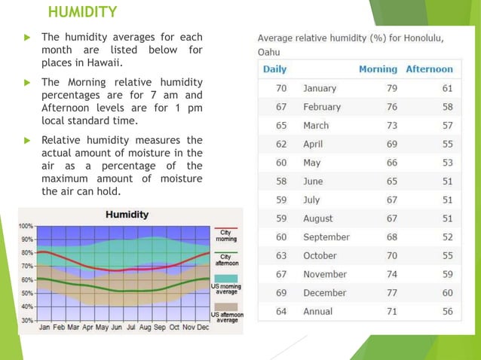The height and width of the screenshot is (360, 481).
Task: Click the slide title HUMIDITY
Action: click(x=82, y=12)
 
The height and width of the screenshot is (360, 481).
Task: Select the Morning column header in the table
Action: click(x=378, y=69)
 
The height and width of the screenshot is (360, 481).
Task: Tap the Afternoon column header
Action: click(x=429, y=69)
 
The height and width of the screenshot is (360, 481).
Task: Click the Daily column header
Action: click(x=274, y=69)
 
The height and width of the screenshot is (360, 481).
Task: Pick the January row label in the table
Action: click(x=320, y=88)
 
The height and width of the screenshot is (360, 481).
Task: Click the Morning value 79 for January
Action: click(x=391, y=88)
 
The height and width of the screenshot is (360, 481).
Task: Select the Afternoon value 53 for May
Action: click(x=447, y=163)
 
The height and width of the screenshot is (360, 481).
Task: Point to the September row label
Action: click(x=326, y=237)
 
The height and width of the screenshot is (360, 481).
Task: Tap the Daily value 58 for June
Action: click(x=280, y=182)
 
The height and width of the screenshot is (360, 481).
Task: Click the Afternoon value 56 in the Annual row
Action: click(x=447, y=311)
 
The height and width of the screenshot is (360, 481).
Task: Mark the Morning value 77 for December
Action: click(x=391, y=293)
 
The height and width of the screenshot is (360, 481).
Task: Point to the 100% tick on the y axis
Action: click(x=26, y=226)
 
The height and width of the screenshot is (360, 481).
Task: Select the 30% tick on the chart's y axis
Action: click(x=26, y=320)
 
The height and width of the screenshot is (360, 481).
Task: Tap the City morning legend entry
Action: click(x=226, y=236)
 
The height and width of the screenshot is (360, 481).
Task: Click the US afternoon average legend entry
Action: click(x=226, y=316)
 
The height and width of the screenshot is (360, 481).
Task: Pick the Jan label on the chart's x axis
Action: click(x=45, y=328)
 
